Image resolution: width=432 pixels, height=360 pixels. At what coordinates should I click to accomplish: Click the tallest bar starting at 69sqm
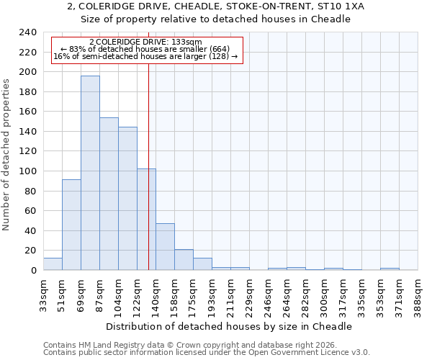coord(90,173)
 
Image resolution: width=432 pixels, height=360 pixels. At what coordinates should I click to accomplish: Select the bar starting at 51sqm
coord(71,225)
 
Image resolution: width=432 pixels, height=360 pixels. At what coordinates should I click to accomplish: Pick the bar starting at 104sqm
coord(127,198)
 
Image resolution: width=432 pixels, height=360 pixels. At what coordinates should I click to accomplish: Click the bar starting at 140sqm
coord(165,247)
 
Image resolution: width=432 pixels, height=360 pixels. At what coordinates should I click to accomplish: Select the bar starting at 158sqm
coord(184,260)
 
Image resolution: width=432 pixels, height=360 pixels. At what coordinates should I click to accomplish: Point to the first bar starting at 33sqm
coord(53,264)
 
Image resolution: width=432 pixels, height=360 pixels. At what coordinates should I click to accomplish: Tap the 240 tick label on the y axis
coord(27,32)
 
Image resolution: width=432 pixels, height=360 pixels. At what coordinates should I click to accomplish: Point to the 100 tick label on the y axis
coord(27,171)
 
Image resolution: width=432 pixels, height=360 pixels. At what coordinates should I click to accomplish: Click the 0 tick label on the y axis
coord(33,271)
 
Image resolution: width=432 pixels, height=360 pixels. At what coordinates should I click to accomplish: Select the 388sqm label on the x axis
coord(418,295)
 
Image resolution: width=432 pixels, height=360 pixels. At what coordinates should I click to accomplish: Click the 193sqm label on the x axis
coord(212,295)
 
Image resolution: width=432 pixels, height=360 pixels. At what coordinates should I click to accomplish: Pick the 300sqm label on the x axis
coord(324,295)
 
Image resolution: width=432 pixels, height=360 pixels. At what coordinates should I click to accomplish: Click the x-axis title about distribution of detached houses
coord(234,326)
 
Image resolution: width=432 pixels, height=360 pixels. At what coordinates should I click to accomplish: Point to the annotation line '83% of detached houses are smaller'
coord(149,49)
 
